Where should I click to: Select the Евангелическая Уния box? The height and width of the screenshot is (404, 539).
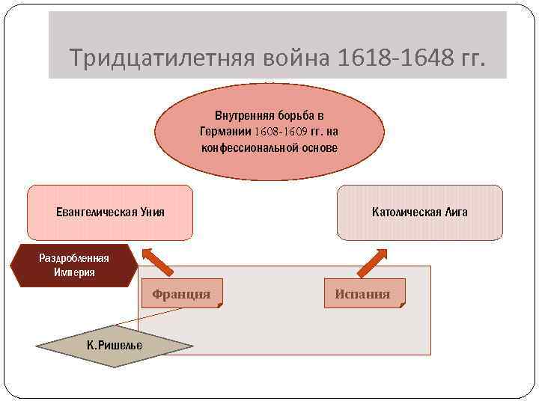[x=110, y=212]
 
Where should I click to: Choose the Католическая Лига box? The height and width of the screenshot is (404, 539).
[x=419, y=212]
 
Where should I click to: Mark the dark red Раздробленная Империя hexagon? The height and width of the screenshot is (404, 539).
[x=74, y=266]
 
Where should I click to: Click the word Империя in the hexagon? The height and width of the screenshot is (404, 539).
[x=74, y=272]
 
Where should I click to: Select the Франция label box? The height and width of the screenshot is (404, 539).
[x=181, y=294]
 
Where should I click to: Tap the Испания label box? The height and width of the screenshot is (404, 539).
[x=362, y=294]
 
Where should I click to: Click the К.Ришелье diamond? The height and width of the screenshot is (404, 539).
[x=114, y=346]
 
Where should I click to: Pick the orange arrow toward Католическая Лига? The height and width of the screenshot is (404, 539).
[x=370, y=260]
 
